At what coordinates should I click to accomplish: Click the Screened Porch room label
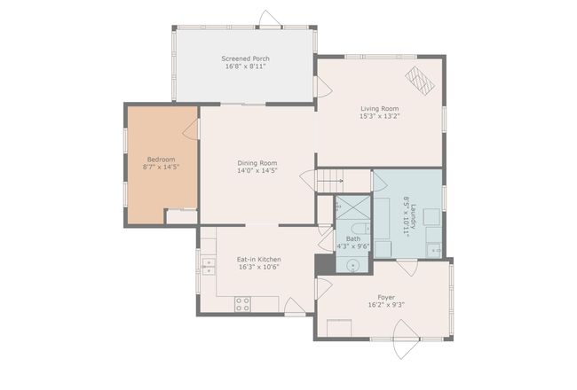[245, 58]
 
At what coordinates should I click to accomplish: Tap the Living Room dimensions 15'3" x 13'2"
[379, 116]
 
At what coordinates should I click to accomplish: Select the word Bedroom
[162, 160]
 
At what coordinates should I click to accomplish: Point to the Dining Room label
[257, 163]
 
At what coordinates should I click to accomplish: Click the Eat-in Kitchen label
[258, 259]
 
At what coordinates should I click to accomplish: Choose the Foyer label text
[386, 297]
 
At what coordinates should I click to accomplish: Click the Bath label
[353, 239]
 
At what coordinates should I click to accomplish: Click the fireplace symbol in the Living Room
[420, 80]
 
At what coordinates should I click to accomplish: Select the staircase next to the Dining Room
[330, 181]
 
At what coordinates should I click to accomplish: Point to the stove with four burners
[242, 304]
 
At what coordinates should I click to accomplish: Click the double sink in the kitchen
[209, 267]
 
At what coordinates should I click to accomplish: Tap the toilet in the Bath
[360, 229]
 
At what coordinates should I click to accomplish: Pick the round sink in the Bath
[353, 265]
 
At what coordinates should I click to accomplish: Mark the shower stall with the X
[353, 207]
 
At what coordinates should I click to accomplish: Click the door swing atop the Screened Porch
[271, 18]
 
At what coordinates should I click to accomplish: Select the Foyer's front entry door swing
[406, 339]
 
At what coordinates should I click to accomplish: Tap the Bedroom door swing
[191, 129]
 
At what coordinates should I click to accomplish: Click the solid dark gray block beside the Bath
[325, 264]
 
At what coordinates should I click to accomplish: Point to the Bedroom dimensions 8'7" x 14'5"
[162, 168]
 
